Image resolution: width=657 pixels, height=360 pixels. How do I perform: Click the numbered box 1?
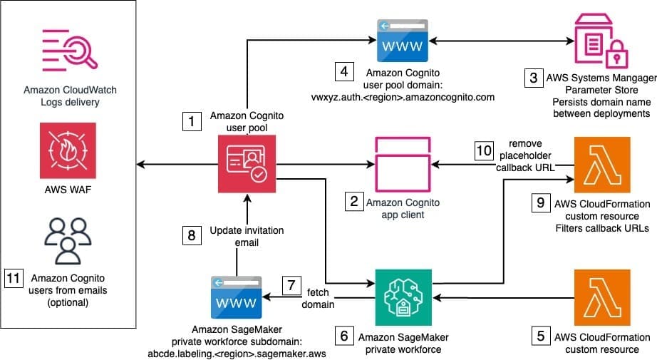point(190,122)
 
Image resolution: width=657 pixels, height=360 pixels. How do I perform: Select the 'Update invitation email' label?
point(247,237)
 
